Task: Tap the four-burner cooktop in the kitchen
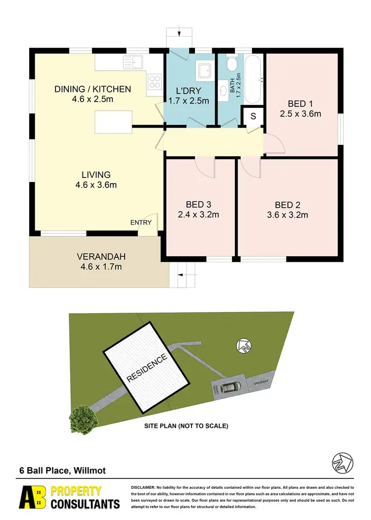[154, 81]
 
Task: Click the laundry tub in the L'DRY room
[204, 71]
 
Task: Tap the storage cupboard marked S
[253, 116]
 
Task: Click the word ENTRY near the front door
[141, 223]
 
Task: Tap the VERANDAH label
[101, 257]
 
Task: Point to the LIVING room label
[96, 175]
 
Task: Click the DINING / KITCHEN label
[93, 89]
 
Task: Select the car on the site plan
[231, 386]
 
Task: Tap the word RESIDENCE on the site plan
[147, 368]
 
